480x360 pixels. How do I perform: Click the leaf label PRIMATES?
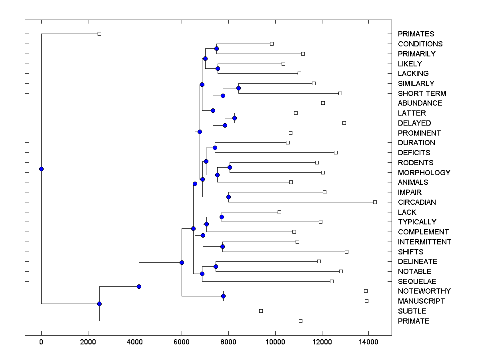[416, 34]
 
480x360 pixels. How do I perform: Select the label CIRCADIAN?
[417, 202]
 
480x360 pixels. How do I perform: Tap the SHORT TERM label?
[422, 94]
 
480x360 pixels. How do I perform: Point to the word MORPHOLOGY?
[424, 173]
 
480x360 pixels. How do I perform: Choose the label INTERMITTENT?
[424, 242]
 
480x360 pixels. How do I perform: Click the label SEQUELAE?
[417, 282]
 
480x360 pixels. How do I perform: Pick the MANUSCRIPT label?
[421, 301]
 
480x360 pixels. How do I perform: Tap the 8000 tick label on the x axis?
[228, 342]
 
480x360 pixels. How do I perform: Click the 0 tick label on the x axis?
[41, 342]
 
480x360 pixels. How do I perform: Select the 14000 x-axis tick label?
[368, 342]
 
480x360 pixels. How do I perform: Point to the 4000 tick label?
[135, 342]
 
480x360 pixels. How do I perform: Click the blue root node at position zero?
[41, 169]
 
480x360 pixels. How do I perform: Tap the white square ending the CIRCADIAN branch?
[375, 202]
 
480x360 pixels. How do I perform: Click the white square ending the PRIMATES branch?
[100, 34]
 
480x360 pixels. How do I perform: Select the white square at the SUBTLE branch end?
[261, 311]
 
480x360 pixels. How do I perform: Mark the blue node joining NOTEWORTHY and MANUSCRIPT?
[223, 296]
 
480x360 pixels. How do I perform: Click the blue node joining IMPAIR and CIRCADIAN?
[228, 197]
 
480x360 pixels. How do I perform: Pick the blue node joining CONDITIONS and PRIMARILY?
[216, 48]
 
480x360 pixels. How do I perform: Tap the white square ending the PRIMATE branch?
[300, 321]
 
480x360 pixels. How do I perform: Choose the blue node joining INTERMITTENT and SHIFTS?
[222, 246]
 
